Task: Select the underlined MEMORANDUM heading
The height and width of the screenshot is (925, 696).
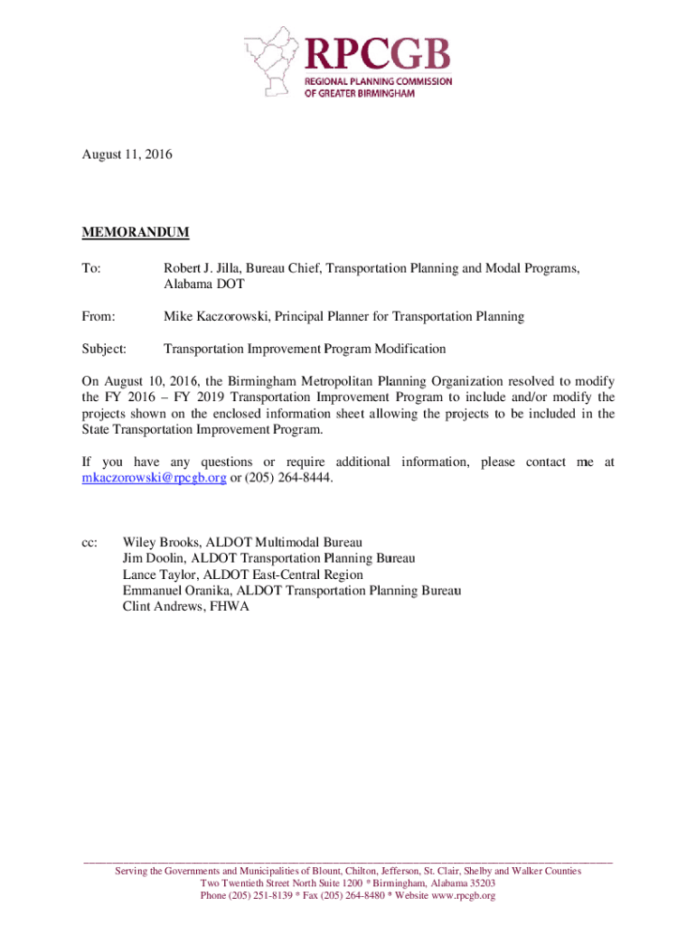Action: tap(136, 232)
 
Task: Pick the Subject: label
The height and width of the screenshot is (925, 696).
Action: tap(104, 349)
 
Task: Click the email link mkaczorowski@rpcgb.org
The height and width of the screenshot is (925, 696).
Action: tap(154, 478)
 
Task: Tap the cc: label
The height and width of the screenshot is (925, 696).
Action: tap(89, 543)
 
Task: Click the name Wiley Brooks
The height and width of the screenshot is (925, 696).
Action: tap(159, 543)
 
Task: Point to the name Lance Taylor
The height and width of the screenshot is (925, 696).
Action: tap(160, 575)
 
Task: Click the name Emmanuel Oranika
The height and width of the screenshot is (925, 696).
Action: tap(176, 591)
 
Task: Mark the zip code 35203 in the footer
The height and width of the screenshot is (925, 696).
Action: tap(480, 883)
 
